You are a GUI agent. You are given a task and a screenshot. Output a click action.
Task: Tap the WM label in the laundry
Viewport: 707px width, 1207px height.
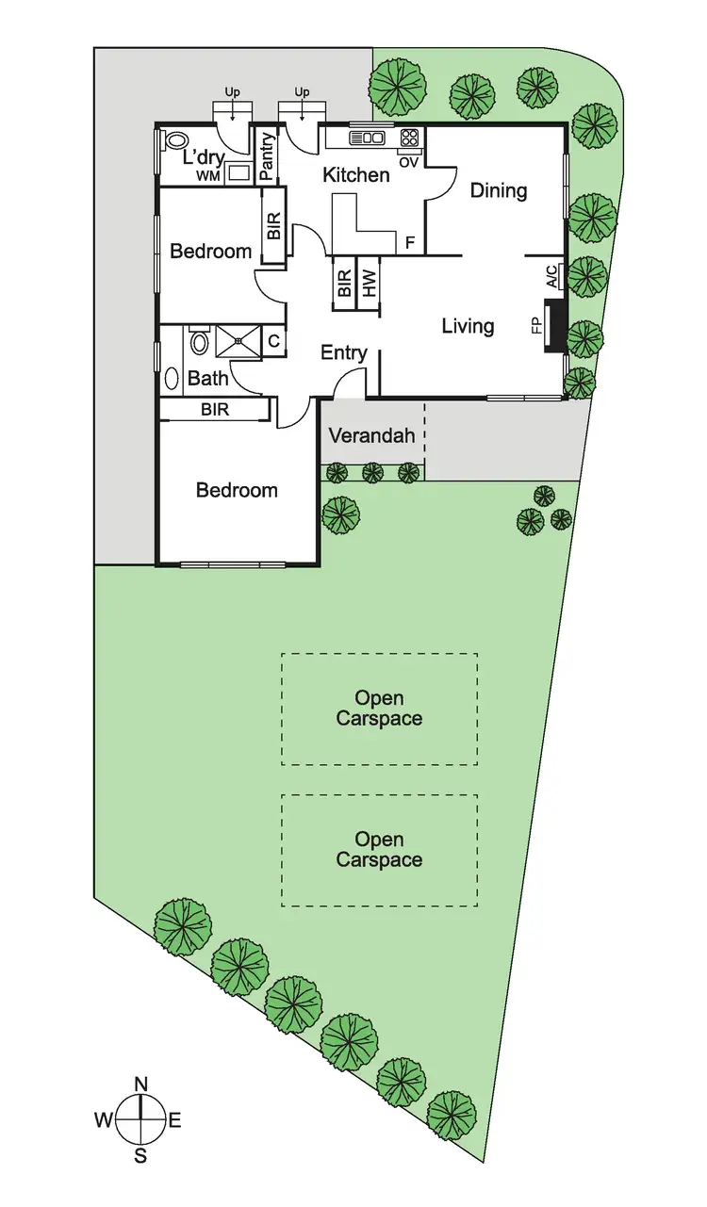point(206,176)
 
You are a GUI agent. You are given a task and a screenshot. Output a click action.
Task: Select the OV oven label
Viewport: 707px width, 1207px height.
point(409,162)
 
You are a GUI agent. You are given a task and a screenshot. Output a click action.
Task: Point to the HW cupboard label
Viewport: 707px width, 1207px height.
point(370,282)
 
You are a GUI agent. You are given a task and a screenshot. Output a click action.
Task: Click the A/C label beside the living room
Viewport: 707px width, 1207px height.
point(551,276)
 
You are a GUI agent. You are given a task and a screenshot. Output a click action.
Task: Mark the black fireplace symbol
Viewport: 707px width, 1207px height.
point(557,326)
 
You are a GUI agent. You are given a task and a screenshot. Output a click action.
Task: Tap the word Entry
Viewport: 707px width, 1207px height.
point(344,353)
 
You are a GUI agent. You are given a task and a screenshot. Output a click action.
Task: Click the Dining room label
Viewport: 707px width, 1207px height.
point(499,191)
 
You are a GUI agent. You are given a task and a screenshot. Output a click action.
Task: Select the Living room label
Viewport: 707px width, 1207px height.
point(468,327)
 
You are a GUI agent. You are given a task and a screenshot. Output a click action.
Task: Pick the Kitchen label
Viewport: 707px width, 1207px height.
point(356,175)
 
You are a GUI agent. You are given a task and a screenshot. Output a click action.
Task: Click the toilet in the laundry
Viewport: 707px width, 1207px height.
point(174,141)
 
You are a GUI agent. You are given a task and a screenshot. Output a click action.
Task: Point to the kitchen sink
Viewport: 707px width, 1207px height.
point(368,138)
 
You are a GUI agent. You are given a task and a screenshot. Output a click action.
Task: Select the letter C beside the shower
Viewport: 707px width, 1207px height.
point(273,341)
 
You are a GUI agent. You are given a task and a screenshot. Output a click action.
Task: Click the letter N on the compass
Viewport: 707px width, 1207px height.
point(140,1085)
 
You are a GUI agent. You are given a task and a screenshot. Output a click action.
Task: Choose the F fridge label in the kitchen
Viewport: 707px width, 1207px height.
point(410,242)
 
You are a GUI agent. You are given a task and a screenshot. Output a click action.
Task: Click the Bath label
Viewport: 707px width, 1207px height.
point(207,379)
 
